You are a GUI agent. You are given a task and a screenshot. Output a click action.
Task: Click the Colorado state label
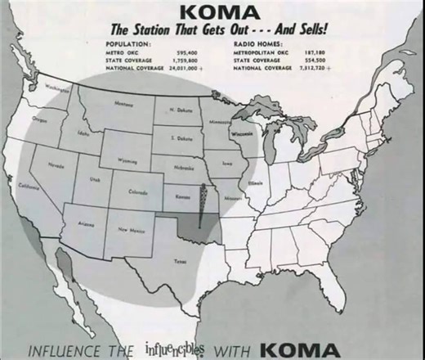[x=138, y=193]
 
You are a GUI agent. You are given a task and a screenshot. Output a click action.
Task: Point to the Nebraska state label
[x=184, y=168]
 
